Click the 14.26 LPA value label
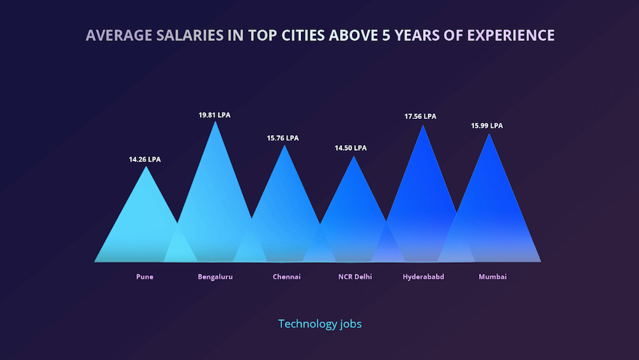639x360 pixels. pos(145,159)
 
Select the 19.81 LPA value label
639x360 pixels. pos(215,115)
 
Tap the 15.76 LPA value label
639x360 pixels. pos(282,138)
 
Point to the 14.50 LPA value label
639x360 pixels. pos(351,148)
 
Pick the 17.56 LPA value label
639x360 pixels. pos(420,116)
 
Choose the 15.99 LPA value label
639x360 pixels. pos(487,126)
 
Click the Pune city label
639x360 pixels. pos(144,277)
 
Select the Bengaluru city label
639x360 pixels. pos(215,277)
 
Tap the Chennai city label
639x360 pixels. pos(286,277)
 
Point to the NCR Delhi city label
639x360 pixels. pos(355,277)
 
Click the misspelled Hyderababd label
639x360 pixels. pos(424,277)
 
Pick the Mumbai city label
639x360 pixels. pos(493,277)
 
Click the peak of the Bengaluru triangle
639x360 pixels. pos(215,122)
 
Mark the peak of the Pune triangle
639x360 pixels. pos(146,167)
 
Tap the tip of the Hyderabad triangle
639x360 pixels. pos(422,125)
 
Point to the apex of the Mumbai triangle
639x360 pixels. pos(489,134)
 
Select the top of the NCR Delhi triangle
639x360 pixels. pos(353,157)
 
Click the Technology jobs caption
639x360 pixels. pos(319,324)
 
